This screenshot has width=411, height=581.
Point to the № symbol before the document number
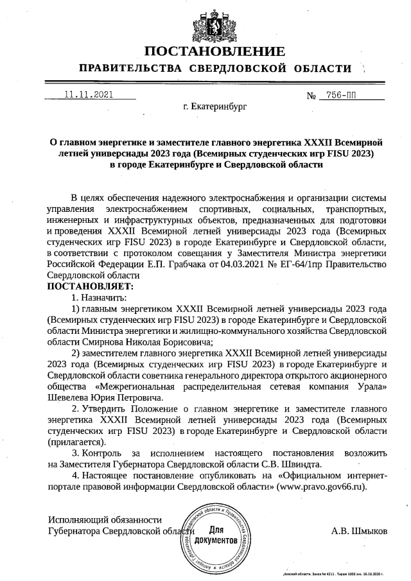[x=313, y=96]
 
